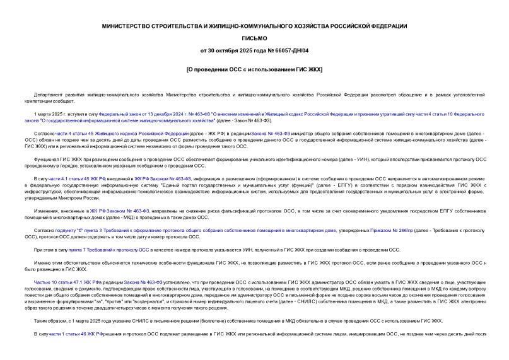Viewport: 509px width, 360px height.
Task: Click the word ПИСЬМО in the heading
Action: (x=255, y=38)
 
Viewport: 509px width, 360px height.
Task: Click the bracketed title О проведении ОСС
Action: (x=254, y=68)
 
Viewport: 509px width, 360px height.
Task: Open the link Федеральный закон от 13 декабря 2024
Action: (x=134, y=114)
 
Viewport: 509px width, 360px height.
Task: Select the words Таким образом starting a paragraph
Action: (x=50, y=321)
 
